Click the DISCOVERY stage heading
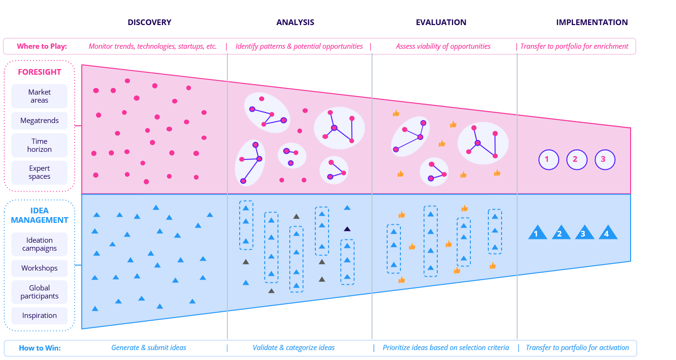pos(149,22)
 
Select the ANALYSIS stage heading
pos(295,22)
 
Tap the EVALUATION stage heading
pos(441,22)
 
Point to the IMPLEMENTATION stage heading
pos(592,22)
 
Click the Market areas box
pos(39,96)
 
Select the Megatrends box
pos(39,121)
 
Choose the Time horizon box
pos(39,145)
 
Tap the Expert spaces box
pos(39,172)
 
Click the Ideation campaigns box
pos(39,244)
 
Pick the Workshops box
pos(39,268)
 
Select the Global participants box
pos(39,292)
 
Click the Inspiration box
pos(39,316)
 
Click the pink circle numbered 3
pos(604,159)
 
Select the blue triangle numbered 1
pos(537,233)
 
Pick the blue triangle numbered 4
pos(607,233)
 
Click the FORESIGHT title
pos(39,72)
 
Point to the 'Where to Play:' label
pos(42,46)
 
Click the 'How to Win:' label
pos(40,348)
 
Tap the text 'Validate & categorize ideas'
pos(294,348)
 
